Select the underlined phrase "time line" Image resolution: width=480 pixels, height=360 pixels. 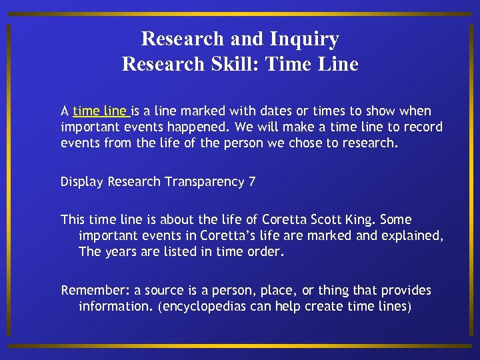[101, 111]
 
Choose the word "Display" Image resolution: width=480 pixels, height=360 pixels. [82, 182]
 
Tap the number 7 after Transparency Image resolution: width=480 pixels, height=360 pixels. [251, 182]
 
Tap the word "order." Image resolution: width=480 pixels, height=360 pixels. [266, 251]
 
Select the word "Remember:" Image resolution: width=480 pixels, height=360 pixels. [95, 291]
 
